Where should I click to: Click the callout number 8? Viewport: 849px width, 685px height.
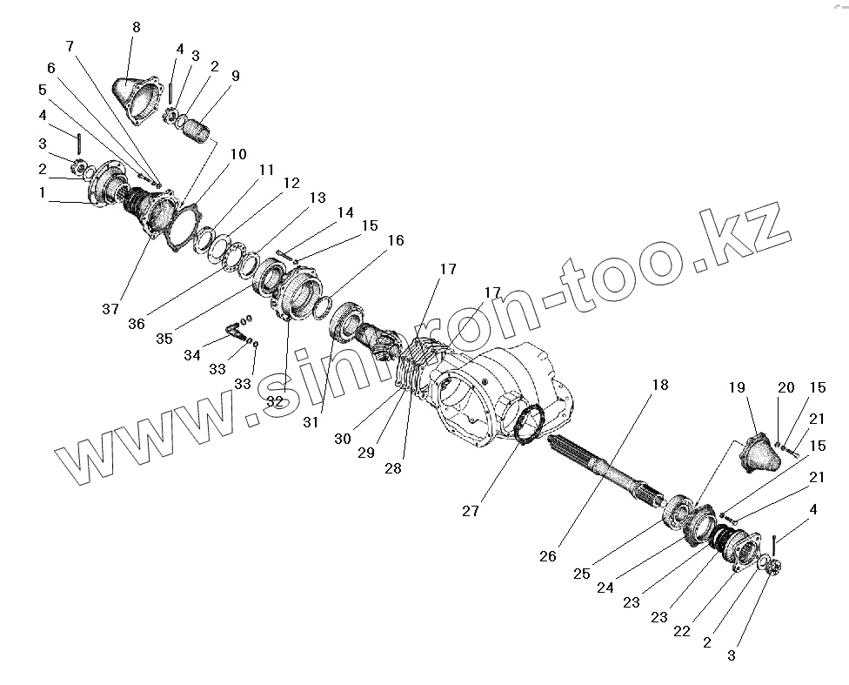point(136,27)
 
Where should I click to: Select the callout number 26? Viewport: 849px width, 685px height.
point(547,556)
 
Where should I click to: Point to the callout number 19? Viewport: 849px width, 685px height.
point(737,388)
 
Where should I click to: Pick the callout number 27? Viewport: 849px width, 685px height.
point(471,511)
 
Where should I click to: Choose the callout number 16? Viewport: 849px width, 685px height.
point(396,240)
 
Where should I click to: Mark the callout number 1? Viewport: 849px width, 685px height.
point(42,193)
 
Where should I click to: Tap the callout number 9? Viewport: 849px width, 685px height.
point(235,76)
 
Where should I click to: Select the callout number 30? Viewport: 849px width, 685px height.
point(342,440)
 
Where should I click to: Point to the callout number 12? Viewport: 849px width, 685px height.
point(291,184)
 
